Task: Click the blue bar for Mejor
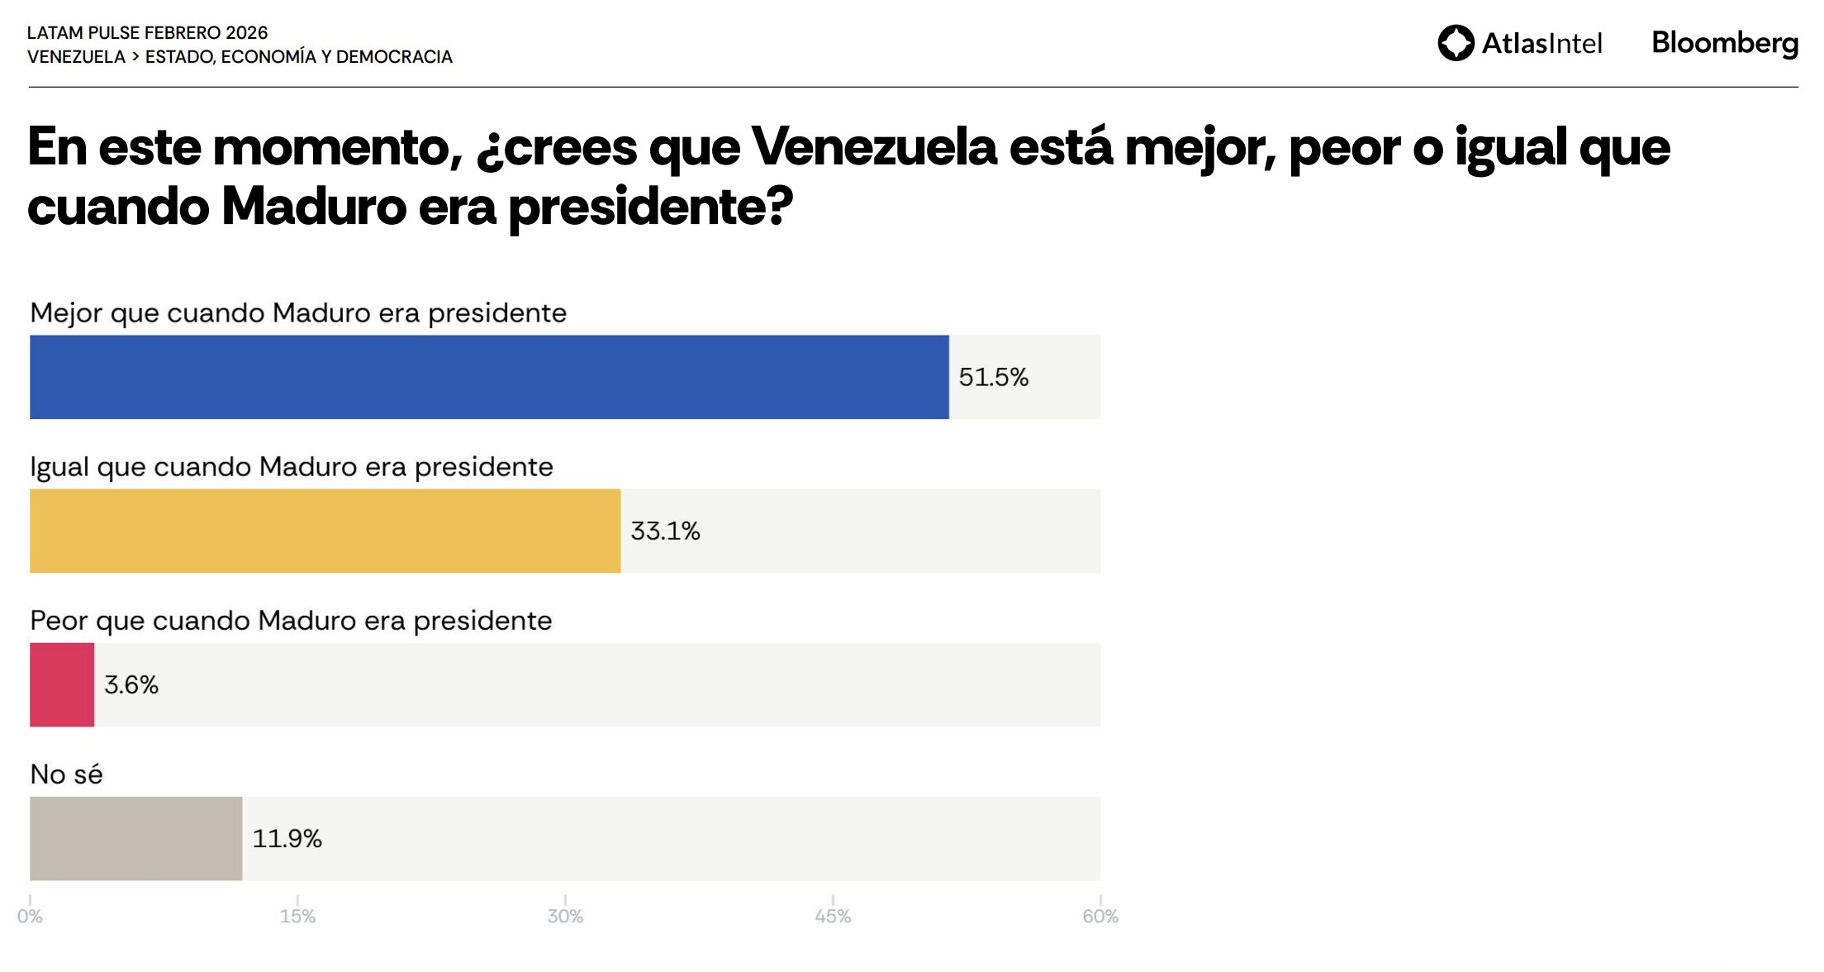[489, 377]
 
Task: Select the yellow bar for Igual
[325, 531]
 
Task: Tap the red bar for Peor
[62, 684]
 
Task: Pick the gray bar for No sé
[135, 838]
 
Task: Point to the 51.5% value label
[993, 378]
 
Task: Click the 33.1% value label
[665, 531]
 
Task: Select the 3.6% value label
[131, 685]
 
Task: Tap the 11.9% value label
[287, 839]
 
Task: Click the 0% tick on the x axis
[30, 916]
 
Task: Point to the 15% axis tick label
[297, 916]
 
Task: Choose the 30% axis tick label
[565, 916]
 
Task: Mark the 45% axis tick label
[833, 916]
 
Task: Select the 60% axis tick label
[1100, 916]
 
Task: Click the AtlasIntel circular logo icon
[1456, 43]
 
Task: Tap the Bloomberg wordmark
[1725, 43]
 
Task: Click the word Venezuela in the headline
[874, 147]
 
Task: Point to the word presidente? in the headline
[650, 207]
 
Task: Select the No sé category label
[66, 774]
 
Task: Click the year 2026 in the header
[246, 33]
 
